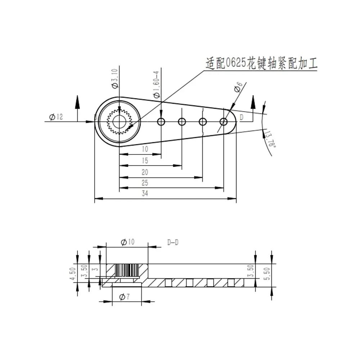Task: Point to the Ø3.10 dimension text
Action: [x=115, y=78]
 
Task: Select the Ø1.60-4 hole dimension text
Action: [x=157, y=84]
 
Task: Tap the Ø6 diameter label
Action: [x=237, y=87]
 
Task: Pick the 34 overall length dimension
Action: [x=145, y=193]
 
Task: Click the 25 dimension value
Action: [x=145, y=183]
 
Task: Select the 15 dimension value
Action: [x=145, y=161]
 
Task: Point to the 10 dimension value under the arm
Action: [x=145, y=149]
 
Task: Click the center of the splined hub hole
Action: [x=119, y=122]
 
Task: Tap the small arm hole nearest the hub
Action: [x=161, y=122]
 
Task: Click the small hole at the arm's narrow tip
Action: [x=224, y=122]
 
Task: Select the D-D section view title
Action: [x=173, y=243]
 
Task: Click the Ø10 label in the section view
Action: [x=127, y=242]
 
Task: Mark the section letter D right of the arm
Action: [x=242, y=117]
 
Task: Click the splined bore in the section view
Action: [x=127, y=270]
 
